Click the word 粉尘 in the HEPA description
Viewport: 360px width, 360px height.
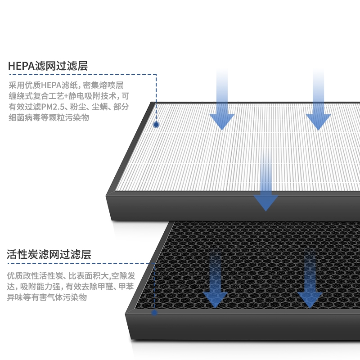78,107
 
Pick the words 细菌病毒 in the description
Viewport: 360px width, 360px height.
23,117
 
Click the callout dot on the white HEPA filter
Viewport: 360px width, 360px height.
157,124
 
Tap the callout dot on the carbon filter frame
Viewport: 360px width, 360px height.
154,312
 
